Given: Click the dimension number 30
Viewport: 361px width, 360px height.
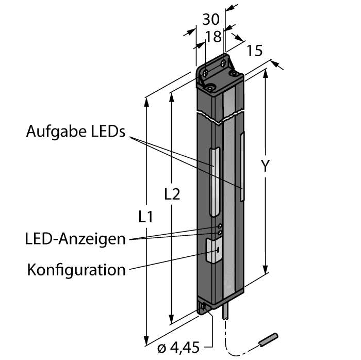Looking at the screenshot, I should point(209,20).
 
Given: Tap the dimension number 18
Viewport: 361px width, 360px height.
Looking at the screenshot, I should point(213,36).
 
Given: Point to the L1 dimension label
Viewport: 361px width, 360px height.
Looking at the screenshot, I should point(146,217).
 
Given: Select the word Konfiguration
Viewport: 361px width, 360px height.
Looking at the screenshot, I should point(76,269).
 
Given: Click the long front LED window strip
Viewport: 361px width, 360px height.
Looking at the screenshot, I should point(214,183).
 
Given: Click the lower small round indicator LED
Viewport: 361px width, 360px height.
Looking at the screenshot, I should point(220,234).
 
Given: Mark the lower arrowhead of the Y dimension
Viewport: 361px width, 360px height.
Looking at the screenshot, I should point(266,270).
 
